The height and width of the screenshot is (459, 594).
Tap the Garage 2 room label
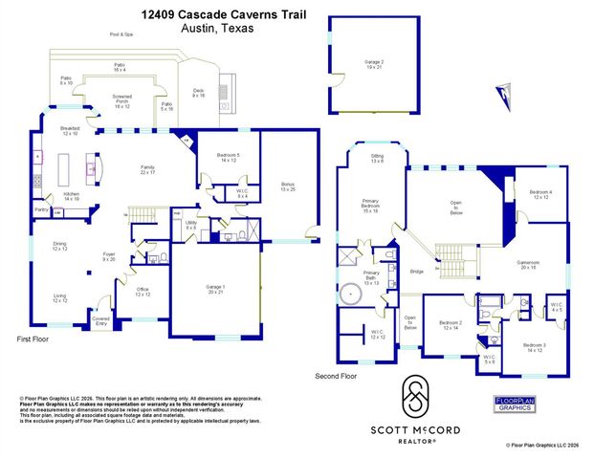tap(373, 64)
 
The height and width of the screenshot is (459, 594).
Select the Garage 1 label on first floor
tap(216, 290)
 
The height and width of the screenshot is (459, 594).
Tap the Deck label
tap(199, 93)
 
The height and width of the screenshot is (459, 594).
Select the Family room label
tap(147, 169)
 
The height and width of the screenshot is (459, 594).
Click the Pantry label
tap(42, 209)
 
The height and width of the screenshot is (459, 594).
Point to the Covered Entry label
tap(100, 322)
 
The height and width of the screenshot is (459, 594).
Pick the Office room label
tap(143, 293)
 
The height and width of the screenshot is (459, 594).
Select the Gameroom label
tap(528, 264)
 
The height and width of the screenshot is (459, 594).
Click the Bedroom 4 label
tap(542, 196)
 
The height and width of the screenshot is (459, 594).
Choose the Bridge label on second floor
tap(417, 273)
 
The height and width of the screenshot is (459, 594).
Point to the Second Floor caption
tap(336, 377)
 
